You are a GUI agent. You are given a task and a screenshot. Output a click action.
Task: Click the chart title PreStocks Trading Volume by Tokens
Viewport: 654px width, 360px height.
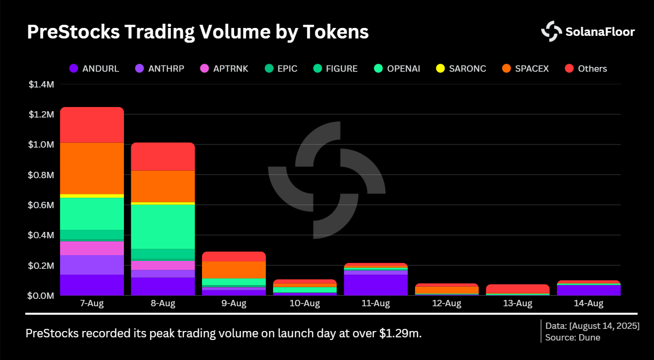pos(197,32)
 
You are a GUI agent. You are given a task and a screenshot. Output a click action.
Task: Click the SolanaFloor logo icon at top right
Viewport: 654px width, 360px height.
pos(552,32)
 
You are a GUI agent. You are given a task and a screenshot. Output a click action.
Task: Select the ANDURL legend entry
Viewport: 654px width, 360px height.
pos(94,69)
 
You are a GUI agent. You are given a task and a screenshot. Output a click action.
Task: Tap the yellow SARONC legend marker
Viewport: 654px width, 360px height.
pos(440,69)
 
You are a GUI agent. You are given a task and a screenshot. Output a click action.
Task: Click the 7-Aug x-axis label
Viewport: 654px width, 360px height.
pos(92,304)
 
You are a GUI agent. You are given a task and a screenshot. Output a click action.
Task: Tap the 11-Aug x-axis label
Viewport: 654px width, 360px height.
pos(375,304)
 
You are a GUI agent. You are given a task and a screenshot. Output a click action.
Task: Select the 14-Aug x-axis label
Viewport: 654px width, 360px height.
pos(588,304)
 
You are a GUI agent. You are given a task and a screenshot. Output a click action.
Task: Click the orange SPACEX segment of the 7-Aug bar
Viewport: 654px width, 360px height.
pos(92,168)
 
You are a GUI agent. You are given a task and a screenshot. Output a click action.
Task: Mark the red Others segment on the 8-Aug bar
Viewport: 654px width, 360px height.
pos(162,157)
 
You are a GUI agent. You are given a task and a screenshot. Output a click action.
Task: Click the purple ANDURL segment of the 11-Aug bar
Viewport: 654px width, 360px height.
pos(375,285)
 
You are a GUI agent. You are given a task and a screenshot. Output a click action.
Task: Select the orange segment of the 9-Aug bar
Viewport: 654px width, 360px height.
pos(234,269)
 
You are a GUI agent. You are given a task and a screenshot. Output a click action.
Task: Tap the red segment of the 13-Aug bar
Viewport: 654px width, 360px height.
pos(517,288)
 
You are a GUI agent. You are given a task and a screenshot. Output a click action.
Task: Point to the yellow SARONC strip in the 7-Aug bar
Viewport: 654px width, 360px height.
pos(92,196)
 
